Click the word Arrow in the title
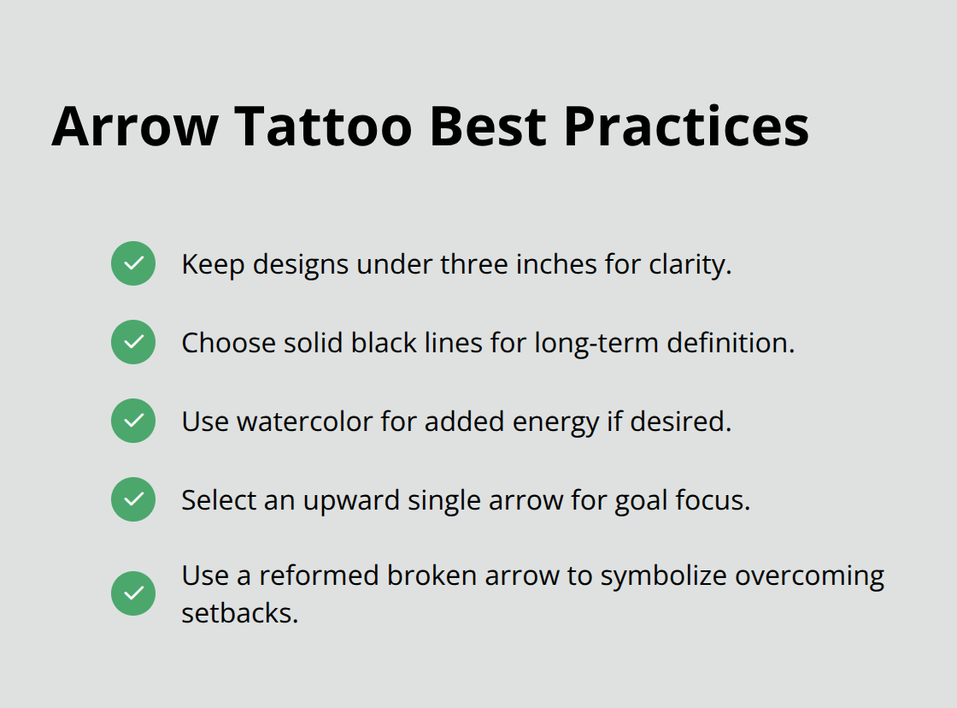pyautogui.click(x=135, y=126)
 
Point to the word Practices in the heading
pyautogui.click(x=686, y=126)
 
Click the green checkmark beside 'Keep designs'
pyautogui.click(x=133, y=263)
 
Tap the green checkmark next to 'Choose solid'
pyautogui.click(x=133, y=342)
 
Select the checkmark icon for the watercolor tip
pyautogui.click(x=133, y=421)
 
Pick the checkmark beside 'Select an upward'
pyautogui.click(x=133, y=499)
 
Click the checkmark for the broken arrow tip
pyautogui.click(x=133, y=593)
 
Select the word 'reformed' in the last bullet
pyautogui.click(x=319, y=575)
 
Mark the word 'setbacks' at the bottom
pyautogui.click(x=239, y=613)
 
